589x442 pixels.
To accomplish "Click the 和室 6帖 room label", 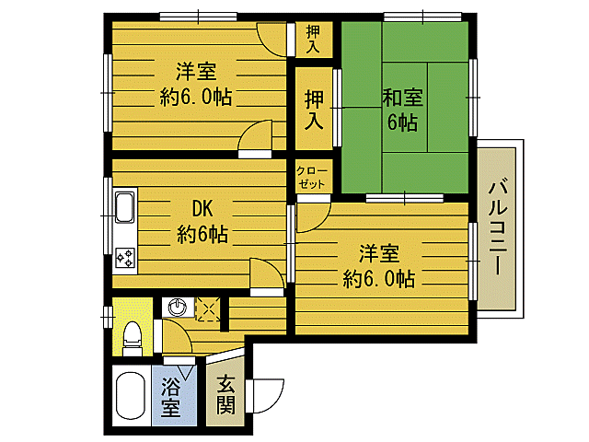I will [x=402, y=110].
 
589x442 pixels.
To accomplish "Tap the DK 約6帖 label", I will [x=202, y=221].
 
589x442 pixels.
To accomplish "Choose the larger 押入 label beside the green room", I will [x=313, y=108].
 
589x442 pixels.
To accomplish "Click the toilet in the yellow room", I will [x=131, y=337].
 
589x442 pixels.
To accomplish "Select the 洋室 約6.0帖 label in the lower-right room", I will [x=379, y=264].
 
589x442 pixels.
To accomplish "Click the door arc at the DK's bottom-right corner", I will [x=266, y=273].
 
